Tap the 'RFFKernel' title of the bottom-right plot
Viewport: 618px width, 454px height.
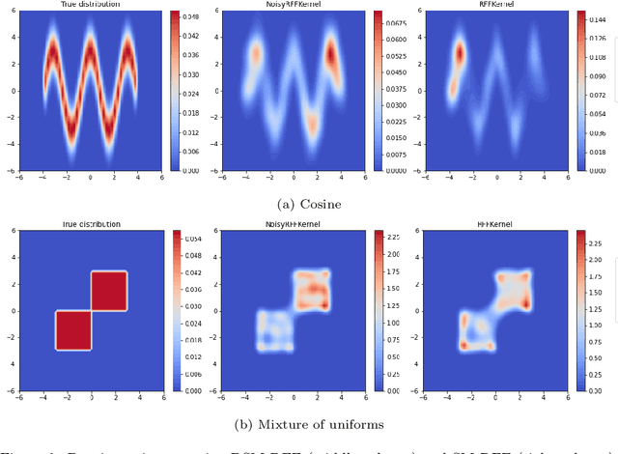(x=492, y=224)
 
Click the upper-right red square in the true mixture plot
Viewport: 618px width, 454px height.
(x=109, y=291)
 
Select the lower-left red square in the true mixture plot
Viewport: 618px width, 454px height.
(x=73, y=330)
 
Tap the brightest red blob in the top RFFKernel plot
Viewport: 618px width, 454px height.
(x=460, y=56)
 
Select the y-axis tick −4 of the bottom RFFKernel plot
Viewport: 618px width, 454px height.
(x=416, y=365)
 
